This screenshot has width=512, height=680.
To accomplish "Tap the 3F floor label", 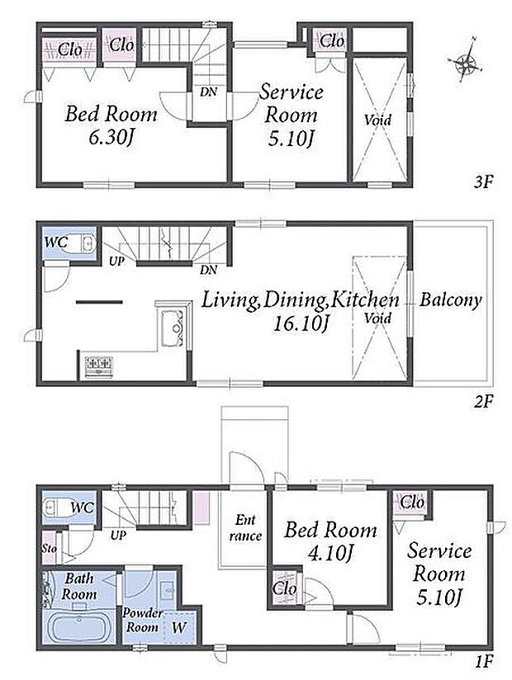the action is [483, 182].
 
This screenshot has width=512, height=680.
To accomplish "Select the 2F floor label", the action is [483, 402].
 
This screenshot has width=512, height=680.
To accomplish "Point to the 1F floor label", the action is [484, 662].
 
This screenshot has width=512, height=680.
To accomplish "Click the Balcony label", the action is [450, 300].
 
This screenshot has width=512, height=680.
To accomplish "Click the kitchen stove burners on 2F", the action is [99, 366].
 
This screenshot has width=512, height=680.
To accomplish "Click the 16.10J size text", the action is [300, 323].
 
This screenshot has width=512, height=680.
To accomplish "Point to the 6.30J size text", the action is [111, 138].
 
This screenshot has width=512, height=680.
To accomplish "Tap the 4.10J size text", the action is [329, 553].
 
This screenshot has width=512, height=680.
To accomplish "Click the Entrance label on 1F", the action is [245, 528].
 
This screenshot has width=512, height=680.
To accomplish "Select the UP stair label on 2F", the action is [116, 262].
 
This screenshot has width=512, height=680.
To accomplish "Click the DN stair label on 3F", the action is [208, 92].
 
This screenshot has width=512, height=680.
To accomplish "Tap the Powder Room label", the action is [142, 620].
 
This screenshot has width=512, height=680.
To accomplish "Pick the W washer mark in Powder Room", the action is [179, 627].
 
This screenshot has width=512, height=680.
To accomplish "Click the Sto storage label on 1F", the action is [50, 548].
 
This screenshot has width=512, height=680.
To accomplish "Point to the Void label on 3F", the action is [377, 120].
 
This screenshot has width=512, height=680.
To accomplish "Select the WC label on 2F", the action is [56, 242].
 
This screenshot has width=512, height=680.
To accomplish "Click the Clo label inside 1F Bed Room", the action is [285, 588].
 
